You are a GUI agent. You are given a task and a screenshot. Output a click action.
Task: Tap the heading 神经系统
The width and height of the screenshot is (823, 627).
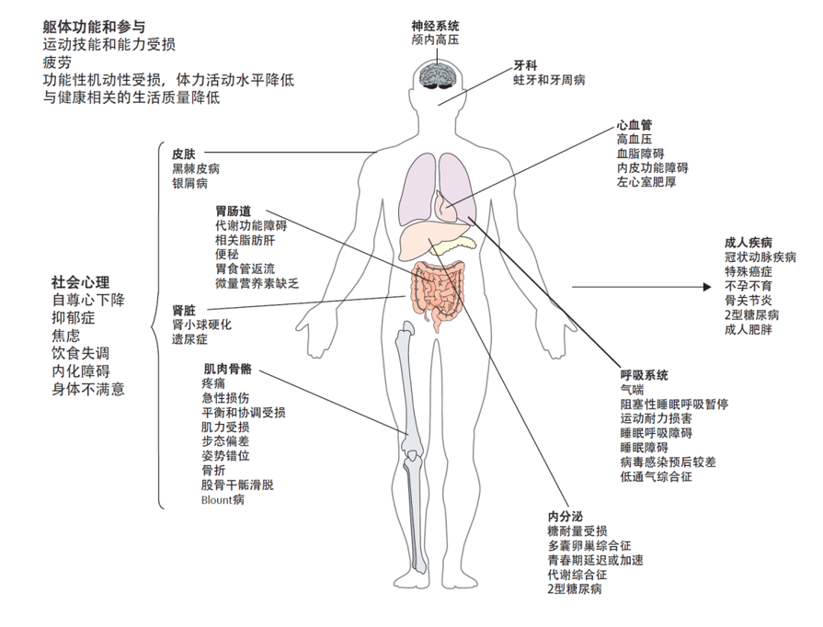pos(435,26)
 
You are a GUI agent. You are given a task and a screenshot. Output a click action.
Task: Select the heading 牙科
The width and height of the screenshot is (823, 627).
pos(525,65)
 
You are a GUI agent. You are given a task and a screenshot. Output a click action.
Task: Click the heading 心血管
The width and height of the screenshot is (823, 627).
pos(634,125)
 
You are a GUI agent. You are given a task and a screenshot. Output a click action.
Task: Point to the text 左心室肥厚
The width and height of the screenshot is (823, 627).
pos(646,182)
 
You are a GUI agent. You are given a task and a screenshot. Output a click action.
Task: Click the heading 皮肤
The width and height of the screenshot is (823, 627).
pos(184,154)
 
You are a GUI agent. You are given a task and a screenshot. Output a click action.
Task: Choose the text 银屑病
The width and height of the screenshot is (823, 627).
pos(190,183)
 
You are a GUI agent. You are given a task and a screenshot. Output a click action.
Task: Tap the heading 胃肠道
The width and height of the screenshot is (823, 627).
pos(233,211)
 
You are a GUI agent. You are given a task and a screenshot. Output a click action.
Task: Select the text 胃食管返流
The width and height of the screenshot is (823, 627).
pos(246,268)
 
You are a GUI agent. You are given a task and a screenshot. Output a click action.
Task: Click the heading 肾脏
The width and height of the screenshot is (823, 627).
pos(184,310)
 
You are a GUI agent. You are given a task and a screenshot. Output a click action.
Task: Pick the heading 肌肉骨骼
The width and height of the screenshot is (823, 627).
pos(227,369)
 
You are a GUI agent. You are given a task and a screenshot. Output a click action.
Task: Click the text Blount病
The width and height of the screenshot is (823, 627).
pos(223,499)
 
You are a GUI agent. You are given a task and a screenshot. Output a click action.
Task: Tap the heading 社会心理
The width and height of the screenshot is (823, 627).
pos(80,282)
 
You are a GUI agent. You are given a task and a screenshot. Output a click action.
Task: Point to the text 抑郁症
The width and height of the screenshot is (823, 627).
pos(73,318)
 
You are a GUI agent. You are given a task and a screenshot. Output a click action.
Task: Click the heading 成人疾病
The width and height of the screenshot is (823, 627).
pos(748,243)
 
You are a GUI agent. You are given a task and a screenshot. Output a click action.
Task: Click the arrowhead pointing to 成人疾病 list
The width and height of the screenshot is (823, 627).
pos(707,287)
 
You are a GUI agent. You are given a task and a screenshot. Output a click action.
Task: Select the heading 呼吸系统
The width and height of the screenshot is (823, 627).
pos(644,375)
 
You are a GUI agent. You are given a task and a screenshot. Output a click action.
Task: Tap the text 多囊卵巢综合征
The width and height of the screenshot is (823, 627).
pos(589,546)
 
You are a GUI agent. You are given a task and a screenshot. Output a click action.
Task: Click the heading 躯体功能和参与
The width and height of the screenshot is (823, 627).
pos(94,27)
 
